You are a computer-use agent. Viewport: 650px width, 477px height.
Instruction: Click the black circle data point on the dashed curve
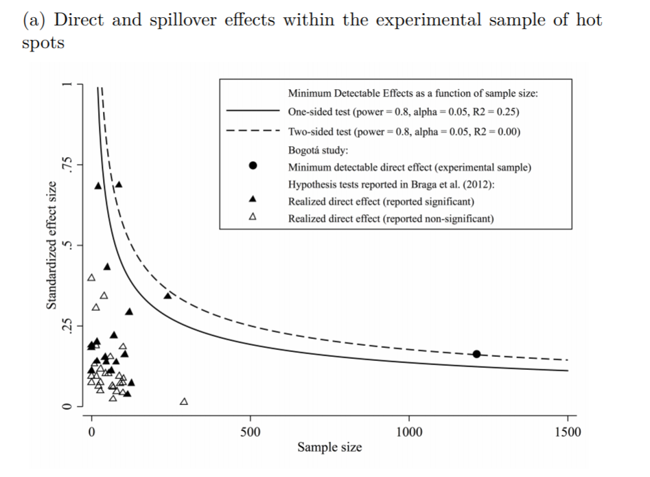click(x=476, y=353)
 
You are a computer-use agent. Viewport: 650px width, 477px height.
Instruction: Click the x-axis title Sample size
click(x=329, y=447)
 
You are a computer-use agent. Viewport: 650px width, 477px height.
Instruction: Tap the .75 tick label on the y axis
click(x=67, y=165)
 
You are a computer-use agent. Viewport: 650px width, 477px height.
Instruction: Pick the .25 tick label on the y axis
click(x=67, y=326)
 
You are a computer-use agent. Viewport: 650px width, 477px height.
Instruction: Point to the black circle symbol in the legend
click(x=253, y=165)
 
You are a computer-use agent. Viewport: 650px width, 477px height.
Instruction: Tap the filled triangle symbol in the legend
click(x=253, y=200)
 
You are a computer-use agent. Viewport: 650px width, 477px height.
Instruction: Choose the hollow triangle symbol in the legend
click(x=253, y=218)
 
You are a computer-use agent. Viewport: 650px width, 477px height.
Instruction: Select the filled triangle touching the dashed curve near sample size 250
click(x=167, y=296)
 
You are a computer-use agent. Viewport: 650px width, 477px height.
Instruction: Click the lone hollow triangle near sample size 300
click(x=183, y=401)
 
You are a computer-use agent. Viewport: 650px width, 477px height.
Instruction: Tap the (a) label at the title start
click(x=34, y=20)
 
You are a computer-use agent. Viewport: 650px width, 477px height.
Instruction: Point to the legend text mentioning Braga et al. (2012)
click(x=391, y=184)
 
